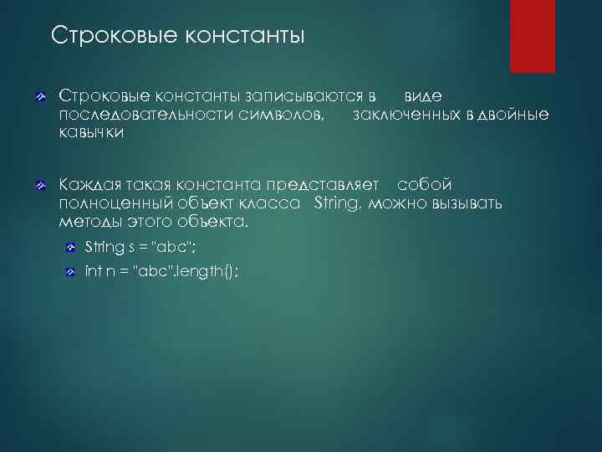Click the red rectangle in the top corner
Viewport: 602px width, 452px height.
coord(533,35)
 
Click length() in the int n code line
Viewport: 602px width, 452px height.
coord(208,271)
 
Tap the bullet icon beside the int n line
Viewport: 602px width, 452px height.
coord(73,271)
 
